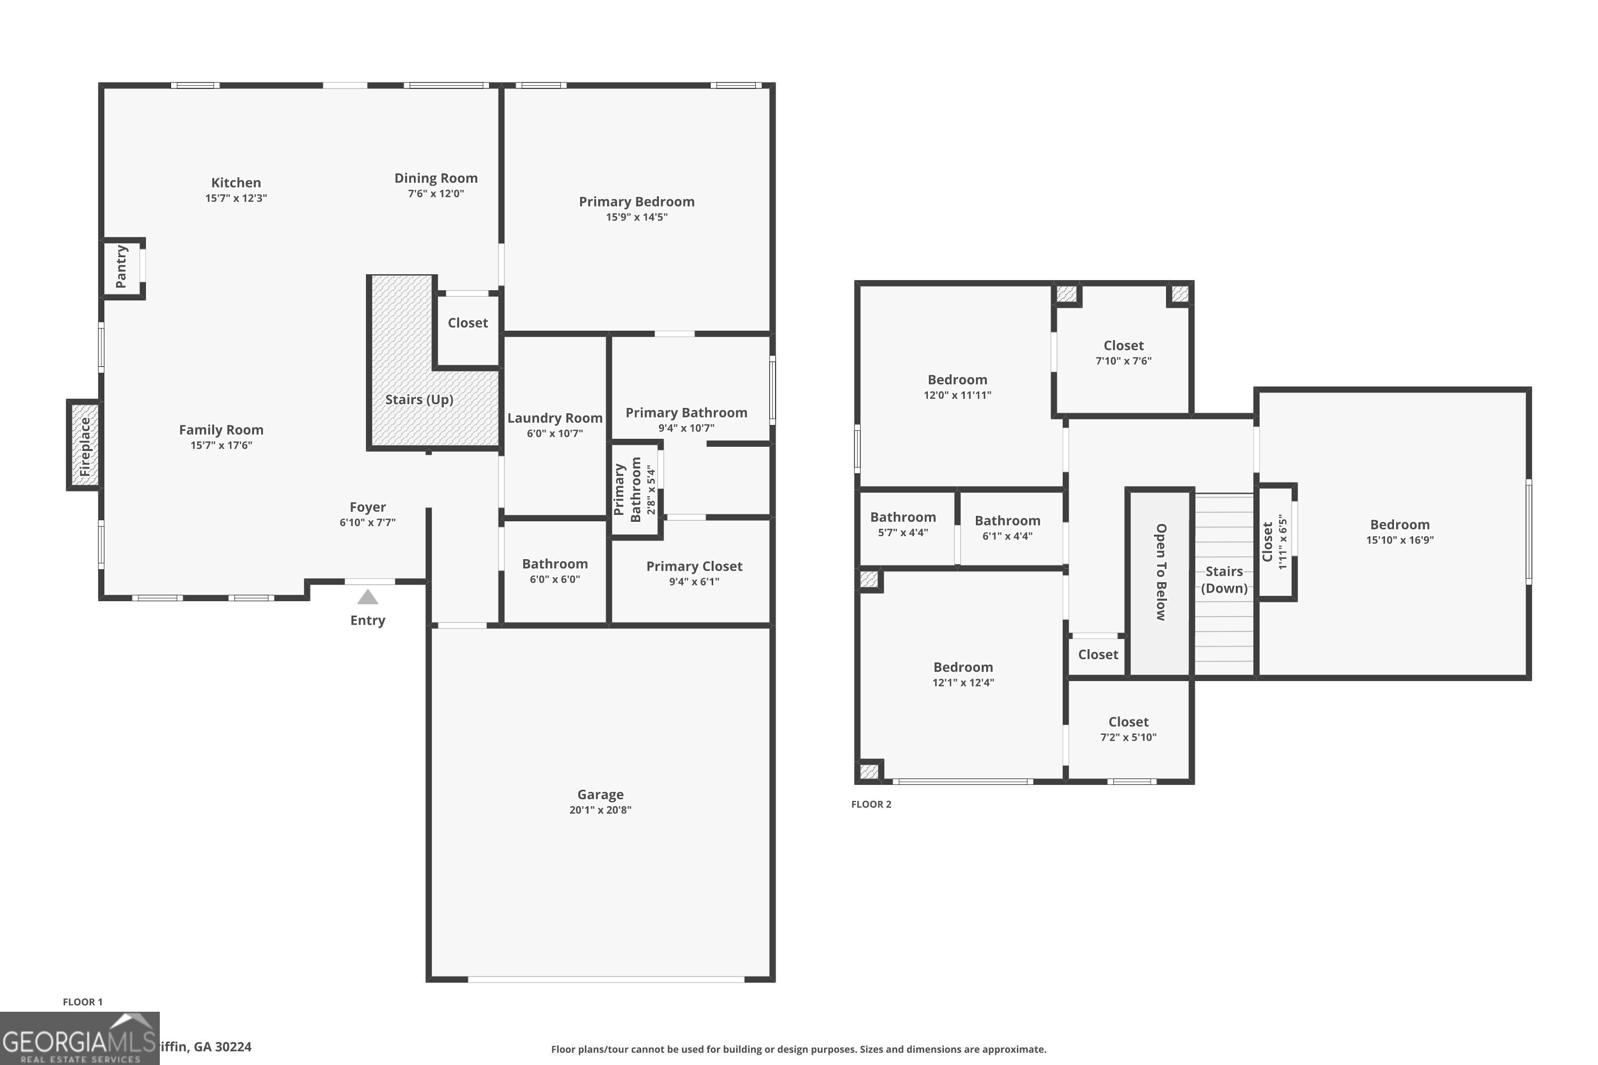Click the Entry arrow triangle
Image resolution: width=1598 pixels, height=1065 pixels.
point(368,597)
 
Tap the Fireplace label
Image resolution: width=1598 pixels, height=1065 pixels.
point(85,446)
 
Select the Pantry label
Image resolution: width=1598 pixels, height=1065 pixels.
point(121,266)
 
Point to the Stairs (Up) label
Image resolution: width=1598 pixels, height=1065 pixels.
point(419,399)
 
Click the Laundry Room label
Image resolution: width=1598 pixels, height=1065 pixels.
point(555,417)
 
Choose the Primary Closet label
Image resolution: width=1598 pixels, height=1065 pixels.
point(694,566)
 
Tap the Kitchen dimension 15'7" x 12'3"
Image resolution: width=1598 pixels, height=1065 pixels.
point(236,198)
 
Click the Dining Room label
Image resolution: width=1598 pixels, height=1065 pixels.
point(436,178)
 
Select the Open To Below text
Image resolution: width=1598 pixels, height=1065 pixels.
point(1161,572)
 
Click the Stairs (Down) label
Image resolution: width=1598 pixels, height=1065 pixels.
point(1224,579)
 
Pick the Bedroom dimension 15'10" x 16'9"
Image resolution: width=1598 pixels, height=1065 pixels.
point(1400,540)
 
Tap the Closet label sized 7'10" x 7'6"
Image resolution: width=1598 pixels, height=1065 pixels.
point(1123,345)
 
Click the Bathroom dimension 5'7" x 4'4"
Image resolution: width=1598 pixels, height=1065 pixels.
point(902,532)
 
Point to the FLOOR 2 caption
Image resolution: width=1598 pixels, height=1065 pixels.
point(871,804)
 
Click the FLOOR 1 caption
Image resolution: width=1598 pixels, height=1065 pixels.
point(82,1002)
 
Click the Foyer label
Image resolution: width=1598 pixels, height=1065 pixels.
point(368,507)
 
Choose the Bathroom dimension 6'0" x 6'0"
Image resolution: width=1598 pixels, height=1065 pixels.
point(555,579)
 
